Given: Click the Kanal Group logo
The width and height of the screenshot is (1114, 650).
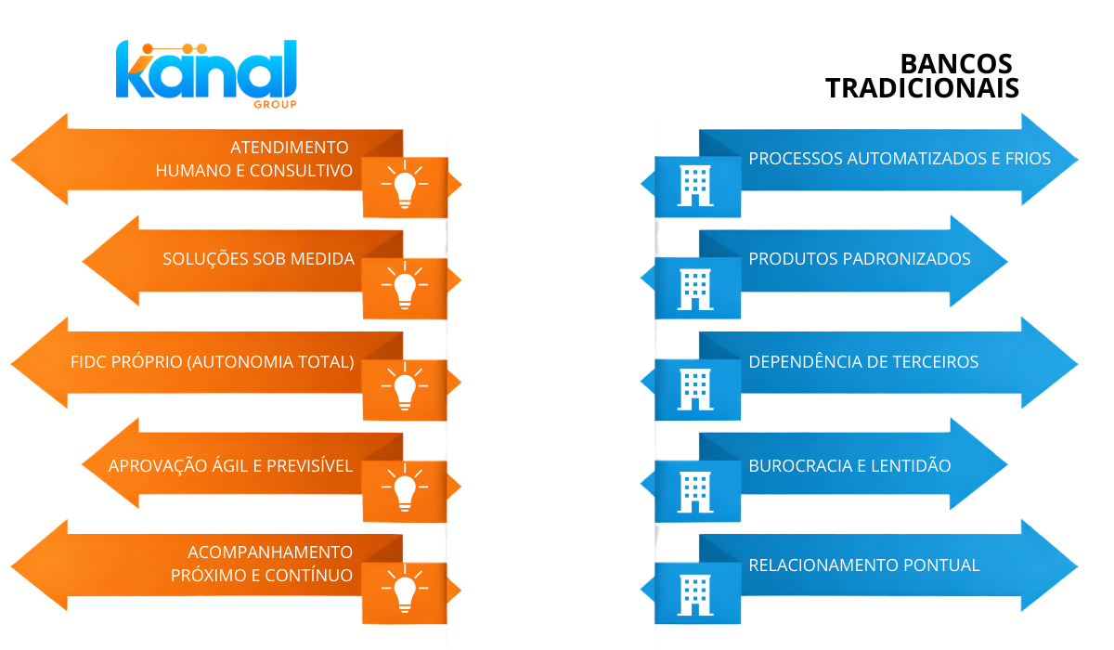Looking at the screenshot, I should (206, 72).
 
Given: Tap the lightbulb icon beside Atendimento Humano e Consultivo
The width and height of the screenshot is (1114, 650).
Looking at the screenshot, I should (404, 186).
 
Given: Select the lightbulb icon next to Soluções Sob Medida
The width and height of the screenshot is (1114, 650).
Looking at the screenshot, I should (404, 288).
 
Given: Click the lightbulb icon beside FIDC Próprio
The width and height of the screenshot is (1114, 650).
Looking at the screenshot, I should (404, 388).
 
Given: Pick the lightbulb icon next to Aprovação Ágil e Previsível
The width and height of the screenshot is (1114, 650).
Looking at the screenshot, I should (404, 489).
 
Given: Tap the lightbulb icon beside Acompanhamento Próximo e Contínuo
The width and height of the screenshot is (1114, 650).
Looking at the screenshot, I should (404, 591).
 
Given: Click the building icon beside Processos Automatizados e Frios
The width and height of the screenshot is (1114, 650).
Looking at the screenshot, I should (696, 186).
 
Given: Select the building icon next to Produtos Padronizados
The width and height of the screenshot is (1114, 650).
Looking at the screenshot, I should (696, 288).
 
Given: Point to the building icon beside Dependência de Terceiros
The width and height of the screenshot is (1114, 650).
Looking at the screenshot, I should (696, 389).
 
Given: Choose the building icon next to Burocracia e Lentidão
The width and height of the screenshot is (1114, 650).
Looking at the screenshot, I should (696, 490).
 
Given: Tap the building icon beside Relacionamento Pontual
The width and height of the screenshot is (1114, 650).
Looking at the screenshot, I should (696, 591).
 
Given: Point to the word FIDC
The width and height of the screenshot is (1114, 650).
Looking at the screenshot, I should (91, 361).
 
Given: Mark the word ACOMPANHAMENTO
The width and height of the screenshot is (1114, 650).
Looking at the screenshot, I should (270, 552).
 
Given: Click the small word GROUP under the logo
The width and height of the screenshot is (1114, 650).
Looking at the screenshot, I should (275, 105).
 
